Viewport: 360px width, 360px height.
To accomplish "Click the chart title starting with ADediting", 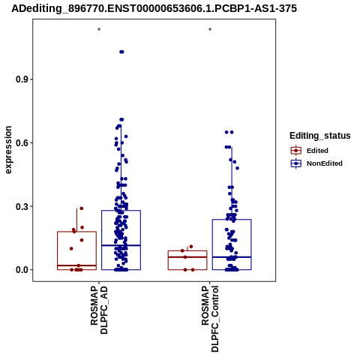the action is (154, 8).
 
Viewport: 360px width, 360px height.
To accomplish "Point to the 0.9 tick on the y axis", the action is (21, 79).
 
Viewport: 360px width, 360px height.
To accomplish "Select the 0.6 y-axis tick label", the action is (21, 143).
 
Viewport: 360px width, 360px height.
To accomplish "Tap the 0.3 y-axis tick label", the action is (21, 206).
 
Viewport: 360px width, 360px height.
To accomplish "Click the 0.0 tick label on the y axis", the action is (21, 270).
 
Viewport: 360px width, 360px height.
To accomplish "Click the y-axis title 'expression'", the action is (8, 150).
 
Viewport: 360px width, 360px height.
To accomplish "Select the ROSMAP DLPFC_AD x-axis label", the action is (99, 310).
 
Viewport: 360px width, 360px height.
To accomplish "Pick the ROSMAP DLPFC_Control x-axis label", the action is (210, 319).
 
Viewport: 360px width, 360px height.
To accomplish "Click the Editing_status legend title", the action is (320, 136).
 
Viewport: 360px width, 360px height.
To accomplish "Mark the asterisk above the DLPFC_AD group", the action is (99, 30).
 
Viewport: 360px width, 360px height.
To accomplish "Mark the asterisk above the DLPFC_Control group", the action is (210, 30).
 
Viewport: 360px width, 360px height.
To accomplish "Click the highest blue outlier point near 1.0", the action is (121, 52).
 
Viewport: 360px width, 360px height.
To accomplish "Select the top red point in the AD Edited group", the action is (81, 208).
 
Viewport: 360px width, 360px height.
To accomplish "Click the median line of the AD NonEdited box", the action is (121, 245).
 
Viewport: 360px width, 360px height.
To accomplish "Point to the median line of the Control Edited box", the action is (187, 257).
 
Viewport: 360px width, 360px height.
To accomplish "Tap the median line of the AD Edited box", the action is (76, 265).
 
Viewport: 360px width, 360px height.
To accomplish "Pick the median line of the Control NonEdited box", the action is (232, 257).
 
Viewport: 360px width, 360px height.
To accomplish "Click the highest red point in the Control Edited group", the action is (191, 247).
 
